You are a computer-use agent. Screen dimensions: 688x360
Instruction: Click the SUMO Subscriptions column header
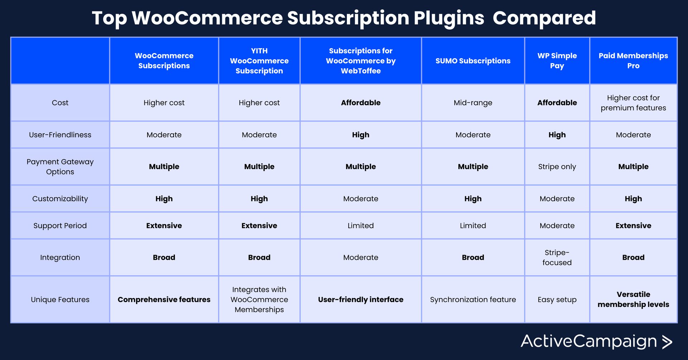[473, 61]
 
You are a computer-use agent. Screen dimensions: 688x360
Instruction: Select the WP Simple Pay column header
[557, 61]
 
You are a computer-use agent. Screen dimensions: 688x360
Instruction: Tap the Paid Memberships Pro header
[633, 61]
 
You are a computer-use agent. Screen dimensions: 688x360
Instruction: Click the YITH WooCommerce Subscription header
[259, 61]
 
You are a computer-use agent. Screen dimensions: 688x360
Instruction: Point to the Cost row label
[60, 103]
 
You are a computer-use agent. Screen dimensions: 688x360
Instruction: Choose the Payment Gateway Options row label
[60, 167]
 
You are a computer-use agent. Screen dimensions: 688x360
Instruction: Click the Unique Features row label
[60, 299]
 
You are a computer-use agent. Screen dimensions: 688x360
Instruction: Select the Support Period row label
[60, 226]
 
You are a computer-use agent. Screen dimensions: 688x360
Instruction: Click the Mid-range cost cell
[473, 103]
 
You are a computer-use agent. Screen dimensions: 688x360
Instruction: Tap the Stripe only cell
[557, 167]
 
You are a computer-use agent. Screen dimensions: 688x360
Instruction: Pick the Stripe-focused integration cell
[557, 258]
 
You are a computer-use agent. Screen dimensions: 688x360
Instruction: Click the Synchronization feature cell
[473, 299]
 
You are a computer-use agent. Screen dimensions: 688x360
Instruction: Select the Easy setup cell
[557, 299]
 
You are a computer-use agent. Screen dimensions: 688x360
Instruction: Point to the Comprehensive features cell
[164, 299]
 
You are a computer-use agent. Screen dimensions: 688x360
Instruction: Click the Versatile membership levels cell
[633, 299]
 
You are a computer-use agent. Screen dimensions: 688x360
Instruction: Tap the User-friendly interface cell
[360, 299]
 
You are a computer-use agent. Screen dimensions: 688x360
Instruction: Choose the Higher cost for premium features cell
[633, 103]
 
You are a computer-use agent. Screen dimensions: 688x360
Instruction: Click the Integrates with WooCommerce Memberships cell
[259, 299]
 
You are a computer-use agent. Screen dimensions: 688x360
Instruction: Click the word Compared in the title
[544, 19]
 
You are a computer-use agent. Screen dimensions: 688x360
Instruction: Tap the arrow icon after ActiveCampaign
[667, 342]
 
